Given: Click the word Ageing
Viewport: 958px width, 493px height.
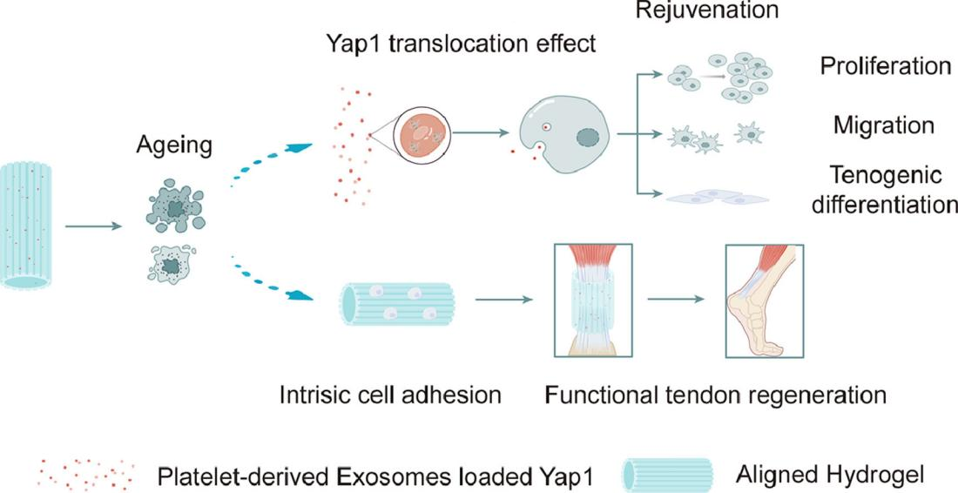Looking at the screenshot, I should (174, 145).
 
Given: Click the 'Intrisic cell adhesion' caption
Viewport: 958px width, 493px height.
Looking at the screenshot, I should (390, 395).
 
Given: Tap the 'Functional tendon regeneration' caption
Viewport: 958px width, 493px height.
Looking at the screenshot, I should (716, 395).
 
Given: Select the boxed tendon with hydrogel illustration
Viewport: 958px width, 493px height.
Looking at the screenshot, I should (593, 300).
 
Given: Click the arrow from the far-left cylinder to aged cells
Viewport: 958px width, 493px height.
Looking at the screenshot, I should (94, 227).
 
